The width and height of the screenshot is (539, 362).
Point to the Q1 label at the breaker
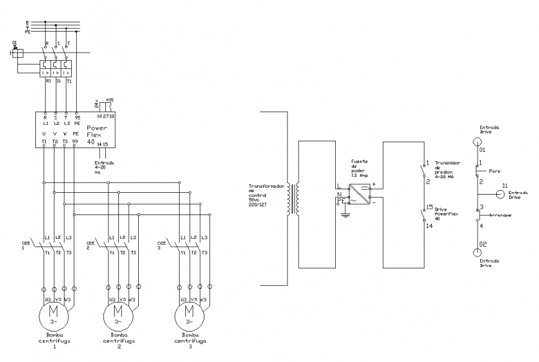14,43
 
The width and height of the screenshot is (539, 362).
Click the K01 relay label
110,99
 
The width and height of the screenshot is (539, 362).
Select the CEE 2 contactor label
90,245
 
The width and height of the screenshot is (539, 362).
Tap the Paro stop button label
494,171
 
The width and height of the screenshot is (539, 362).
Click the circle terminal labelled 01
477,141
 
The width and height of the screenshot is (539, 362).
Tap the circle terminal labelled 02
477,253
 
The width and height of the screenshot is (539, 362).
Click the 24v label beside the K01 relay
96,102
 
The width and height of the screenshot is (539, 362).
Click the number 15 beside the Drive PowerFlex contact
428,207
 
